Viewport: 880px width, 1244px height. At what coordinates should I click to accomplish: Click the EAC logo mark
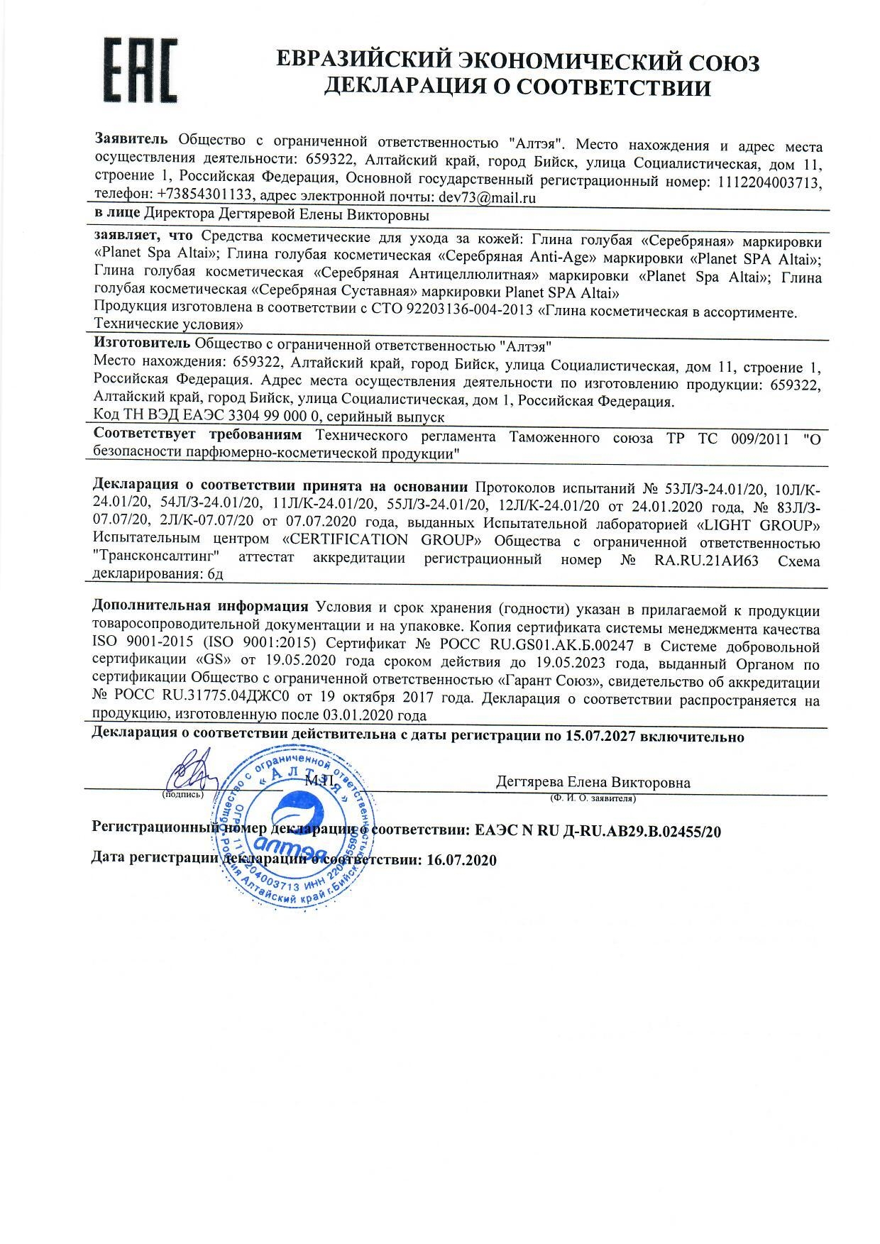(x=142, y=70)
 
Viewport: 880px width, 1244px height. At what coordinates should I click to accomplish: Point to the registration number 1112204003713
(x=769, y=182)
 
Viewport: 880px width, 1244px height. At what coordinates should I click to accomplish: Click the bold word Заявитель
(x=131, y=139)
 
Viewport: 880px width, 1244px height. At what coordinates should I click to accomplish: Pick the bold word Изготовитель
(x=141, y=343)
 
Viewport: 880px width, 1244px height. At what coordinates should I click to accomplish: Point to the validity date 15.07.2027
(x=600, y=737)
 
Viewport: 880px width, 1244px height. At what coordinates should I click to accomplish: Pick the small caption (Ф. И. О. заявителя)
(x=592, y=798)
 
